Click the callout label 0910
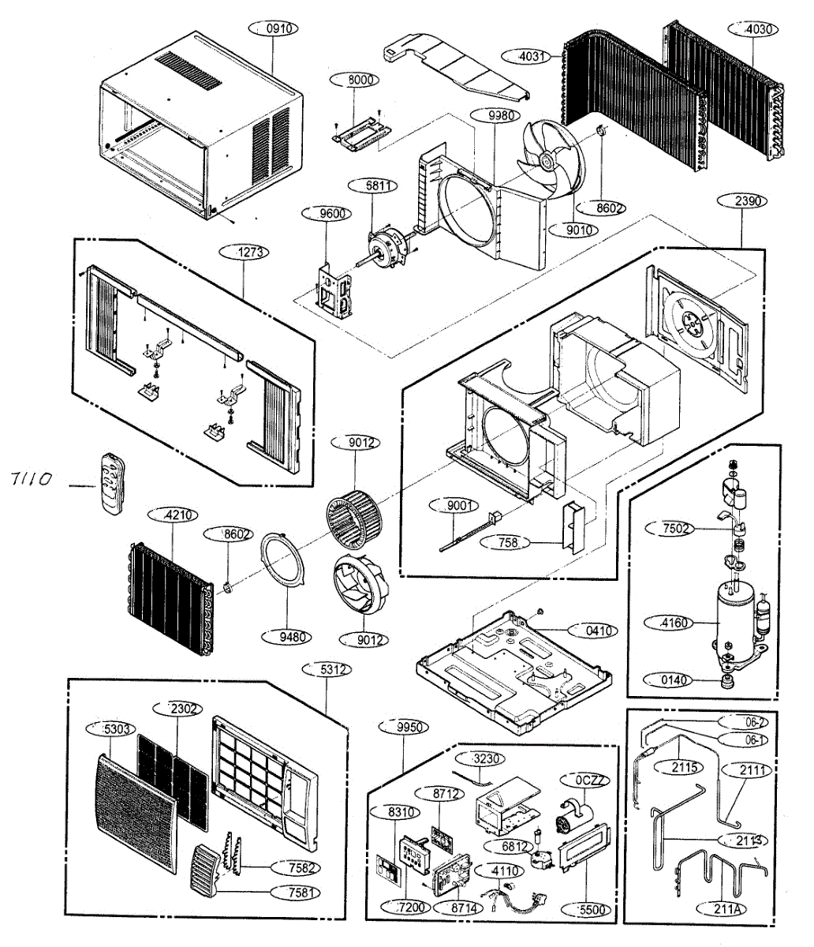(x=278, y=28)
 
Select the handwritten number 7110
(x=32, y=477)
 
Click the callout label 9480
(x=291, y=636)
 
